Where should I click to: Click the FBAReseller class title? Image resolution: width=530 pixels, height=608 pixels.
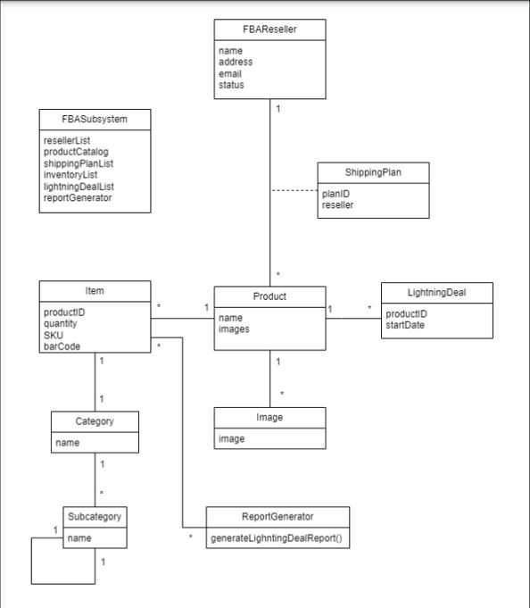(269, 29)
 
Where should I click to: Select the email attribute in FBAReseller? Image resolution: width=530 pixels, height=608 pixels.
(229, 74)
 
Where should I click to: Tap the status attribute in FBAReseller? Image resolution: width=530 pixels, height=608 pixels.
(231, 85)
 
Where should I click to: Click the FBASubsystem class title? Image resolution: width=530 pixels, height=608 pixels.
(95, 120)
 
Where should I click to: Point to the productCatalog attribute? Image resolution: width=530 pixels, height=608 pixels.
(76, 152)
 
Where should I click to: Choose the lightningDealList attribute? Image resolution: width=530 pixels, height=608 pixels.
(79, 187)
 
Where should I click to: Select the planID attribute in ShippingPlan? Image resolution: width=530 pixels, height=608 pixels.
(335, 194)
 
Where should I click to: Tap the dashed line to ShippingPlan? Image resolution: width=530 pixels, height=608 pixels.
(294, 191)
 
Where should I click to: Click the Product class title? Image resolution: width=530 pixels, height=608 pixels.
(269, 296)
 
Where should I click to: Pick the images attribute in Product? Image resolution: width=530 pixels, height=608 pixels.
(234, 329)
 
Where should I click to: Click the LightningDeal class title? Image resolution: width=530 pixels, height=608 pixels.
(436, 292)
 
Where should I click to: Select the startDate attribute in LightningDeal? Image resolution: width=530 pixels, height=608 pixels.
(405, 325)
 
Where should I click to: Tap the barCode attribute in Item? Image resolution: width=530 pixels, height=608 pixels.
(60, 346)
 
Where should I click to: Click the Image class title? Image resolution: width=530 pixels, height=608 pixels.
(269, 417)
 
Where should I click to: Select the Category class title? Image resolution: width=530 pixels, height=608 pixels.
(95, 421)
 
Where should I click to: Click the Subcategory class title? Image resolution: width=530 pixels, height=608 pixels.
(95, 517)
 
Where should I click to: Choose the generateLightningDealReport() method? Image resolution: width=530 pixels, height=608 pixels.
(277, 540)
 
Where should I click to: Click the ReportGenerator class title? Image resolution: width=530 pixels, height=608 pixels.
(277, 517)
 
